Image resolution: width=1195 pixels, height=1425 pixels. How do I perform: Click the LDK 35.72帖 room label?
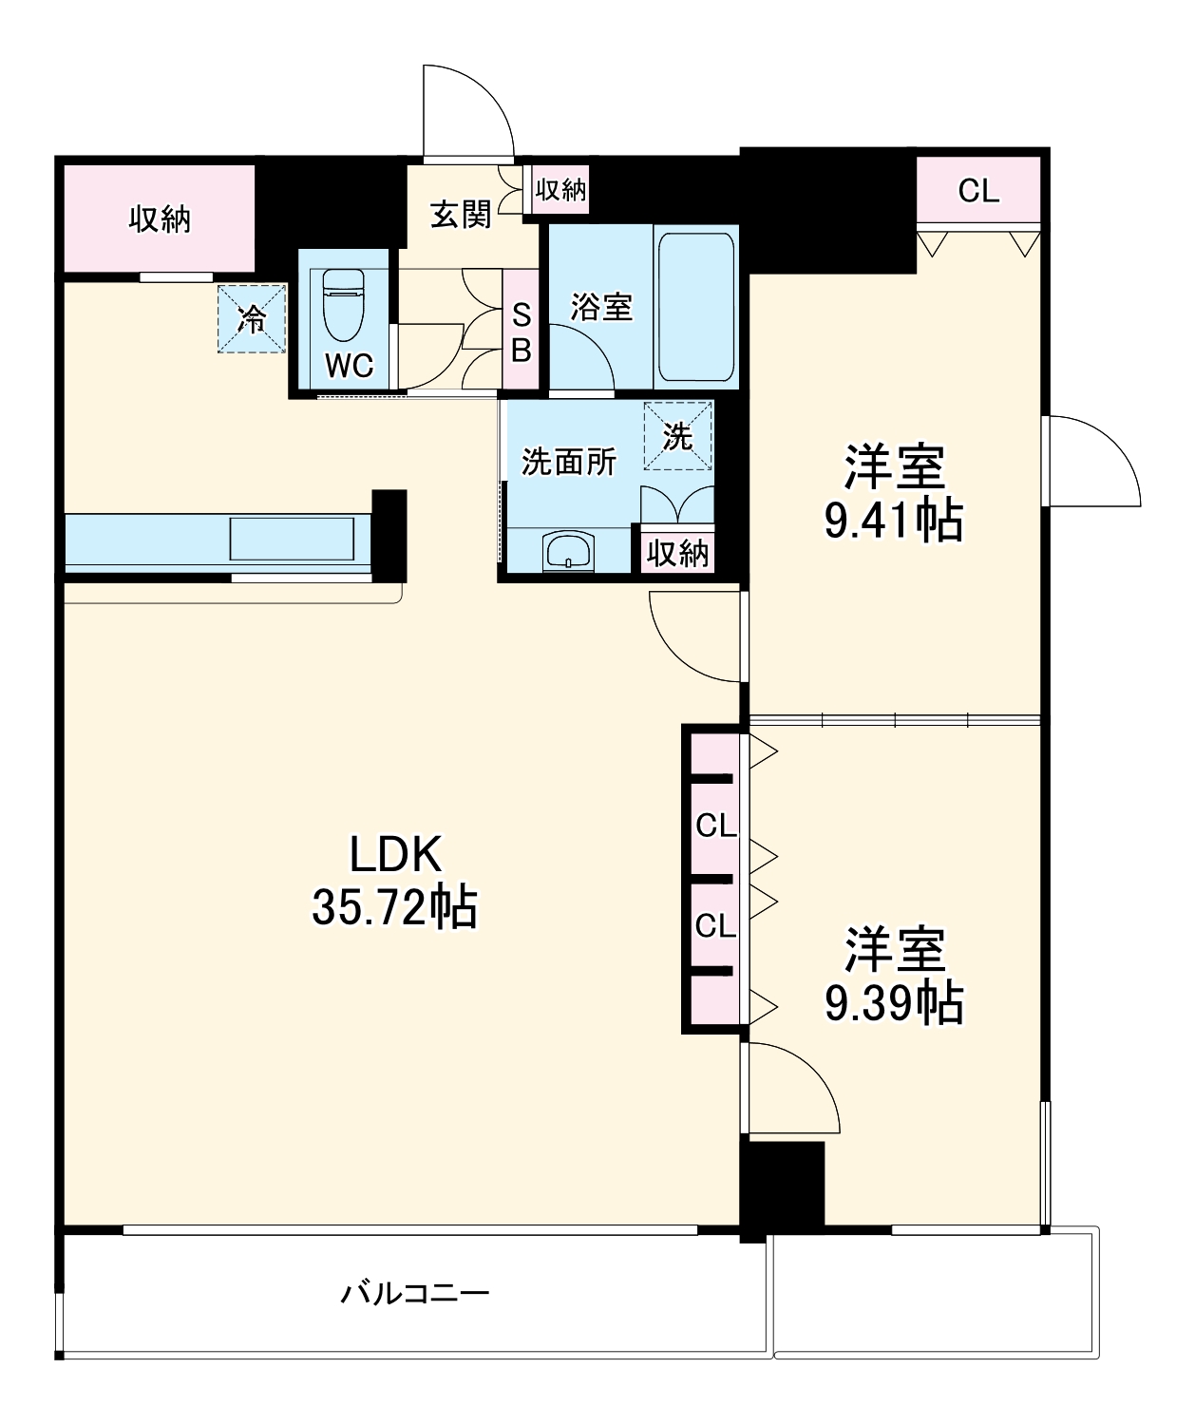pos(394,881)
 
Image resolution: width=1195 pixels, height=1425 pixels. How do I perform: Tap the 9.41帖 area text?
pos(893,521)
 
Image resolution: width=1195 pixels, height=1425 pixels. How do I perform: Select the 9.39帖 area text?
pos(893,1003)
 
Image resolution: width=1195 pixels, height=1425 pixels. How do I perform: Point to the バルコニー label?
pos(415,1293)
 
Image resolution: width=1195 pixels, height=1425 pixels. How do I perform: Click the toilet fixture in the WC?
pos(343,304)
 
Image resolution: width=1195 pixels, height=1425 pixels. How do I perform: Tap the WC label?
pos(349,366)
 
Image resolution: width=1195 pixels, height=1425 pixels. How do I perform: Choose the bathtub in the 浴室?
pos(695,307)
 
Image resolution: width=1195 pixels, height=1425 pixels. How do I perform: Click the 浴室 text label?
pos(600,307)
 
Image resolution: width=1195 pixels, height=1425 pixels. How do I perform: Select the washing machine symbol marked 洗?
pos(677,436)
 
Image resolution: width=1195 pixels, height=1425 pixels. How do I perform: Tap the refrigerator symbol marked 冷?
pos(252,318)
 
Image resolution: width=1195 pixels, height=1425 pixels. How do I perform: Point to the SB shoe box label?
pos(521,332)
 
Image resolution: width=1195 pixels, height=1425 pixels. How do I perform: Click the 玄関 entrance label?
pos(461,215)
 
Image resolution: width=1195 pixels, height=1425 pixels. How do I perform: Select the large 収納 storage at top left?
pos(160,219)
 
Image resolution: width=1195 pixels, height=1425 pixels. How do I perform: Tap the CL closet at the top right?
pos(978,191)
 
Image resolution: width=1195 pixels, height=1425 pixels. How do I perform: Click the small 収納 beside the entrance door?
pos(560,190)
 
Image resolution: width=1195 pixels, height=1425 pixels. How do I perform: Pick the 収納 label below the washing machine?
pos(677,552)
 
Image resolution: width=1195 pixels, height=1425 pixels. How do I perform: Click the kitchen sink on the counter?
pos(292,539)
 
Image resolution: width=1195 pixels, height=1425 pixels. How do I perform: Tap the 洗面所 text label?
pos(569,462)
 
